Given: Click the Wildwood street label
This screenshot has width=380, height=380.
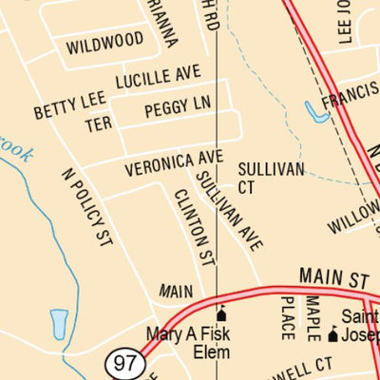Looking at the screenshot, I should click(x=105, y=43).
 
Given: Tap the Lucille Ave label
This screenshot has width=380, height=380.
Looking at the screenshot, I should click(x=159, y=76).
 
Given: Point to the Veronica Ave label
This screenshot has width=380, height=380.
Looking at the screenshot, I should click(x=174, y=162).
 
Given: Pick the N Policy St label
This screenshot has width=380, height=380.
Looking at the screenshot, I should click(x=86, y=208).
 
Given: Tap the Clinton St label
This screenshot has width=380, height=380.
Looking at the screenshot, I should click(x=193, y=227).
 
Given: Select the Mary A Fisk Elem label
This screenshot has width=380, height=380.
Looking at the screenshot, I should click(x=189, y=343).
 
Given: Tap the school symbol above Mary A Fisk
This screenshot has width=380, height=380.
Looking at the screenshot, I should click(x=222, y=314).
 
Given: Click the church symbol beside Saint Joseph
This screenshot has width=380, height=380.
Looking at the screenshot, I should click(x=332, y=335).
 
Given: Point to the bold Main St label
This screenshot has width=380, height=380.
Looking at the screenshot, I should click(x=332, y=278).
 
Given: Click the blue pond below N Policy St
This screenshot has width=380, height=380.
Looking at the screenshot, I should click(x=59, y=323).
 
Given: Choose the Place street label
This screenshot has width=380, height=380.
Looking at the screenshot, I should click(x=288, y=317).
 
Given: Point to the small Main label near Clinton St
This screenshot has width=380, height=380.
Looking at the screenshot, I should click(x=176, y=291).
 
